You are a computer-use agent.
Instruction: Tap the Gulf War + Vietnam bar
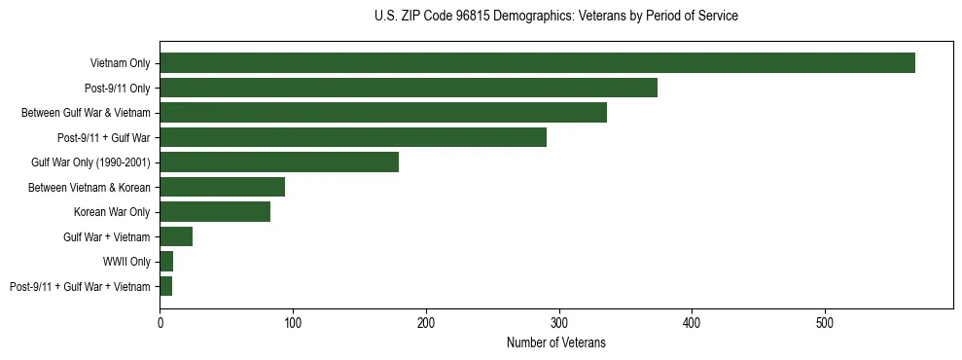(x=176, y=236)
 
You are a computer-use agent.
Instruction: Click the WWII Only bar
(x=166, y=262)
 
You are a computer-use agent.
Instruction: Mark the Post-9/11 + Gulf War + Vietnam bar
(x=165, y=286)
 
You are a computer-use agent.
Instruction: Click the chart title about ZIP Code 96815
(x=555, y=17)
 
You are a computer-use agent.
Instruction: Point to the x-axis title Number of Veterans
(x=555, y=342)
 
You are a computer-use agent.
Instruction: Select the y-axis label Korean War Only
(x=112, y=212)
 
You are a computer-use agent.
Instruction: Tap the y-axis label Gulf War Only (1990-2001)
(x=90, y=162)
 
